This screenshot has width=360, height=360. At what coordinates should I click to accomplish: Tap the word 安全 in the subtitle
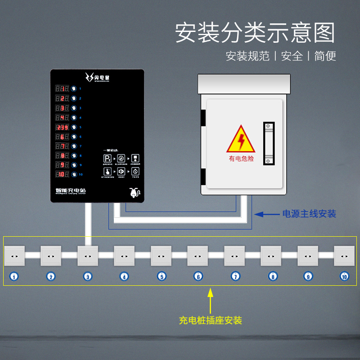[292, 56]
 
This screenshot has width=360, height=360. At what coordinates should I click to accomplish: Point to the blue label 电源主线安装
[309, 214]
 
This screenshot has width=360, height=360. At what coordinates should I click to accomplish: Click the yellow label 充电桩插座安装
[210, 320]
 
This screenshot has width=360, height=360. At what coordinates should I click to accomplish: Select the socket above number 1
[14, 256]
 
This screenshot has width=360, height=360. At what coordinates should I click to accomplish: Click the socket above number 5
[161, 256]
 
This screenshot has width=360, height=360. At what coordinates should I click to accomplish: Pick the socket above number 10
[344, 256]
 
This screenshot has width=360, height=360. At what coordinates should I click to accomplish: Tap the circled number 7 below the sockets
[234, 277]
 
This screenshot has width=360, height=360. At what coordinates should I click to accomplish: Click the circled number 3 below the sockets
[88, 277]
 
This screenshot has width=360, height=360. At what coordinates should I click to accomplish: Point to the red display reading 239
[62, 127]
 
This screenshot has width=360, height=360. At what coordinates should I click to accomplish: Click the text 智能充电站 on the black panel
[68, 190]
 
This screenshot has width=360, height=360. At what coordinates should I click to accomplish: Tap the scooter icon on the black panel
[134, 192]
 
